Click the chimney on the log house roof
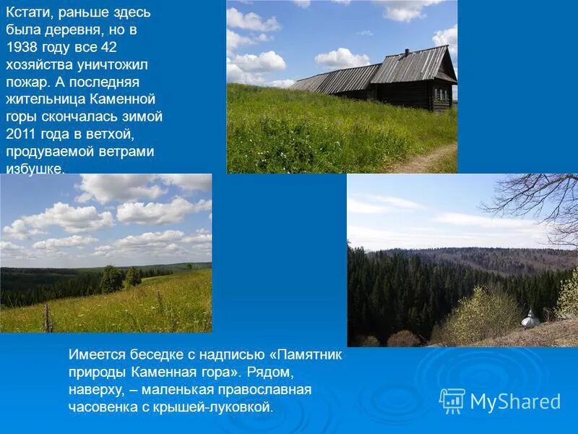[407, 53]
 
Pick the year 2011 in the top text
[22, 134]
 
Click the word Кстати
[29, 13]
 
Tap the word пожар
[27, 82]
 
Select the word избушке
[34, 169]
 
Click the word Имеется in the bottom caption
[97, 354]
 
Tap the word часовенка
[103, 407]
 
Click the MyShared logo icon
[452, 401]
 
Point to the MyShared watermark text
[515, 401]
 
